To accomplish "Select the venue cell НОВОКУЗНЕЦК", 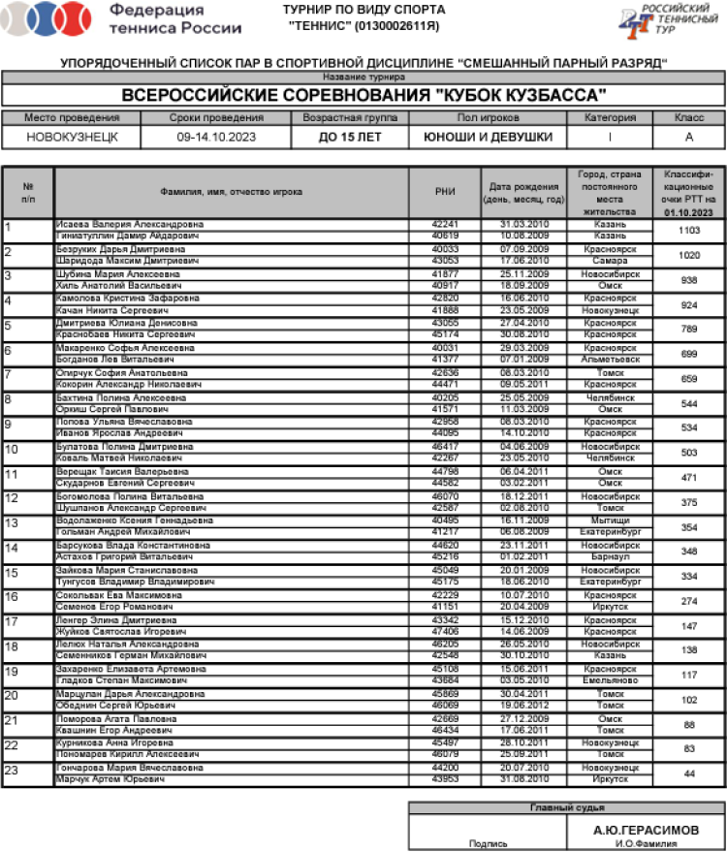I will [x=72, y=138].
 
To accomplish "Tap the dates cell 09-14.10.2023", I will [x=214, y=138].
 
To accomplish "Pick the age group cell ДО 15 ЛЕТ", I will [x=350, y=138].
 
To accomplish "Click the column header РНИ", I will [x=445, y=192].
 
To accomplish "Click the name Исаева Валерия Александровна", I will [x=129, y=224].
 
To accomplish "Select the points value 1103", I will [x=689, y=230].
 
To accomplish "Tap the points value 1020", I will [x=689, y=255].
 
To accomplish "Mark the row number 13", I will [x=13, y=523].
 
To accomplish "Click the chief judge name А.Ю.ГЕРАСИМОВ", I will [x=645, y=830].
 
